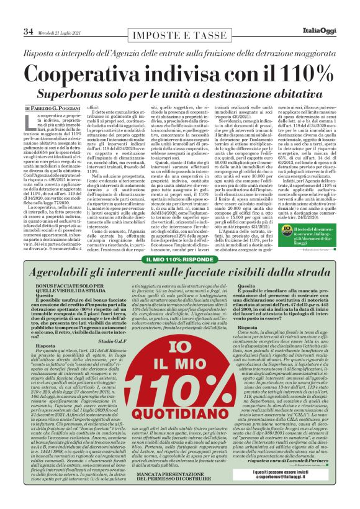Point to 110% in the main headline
point(281,74)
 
